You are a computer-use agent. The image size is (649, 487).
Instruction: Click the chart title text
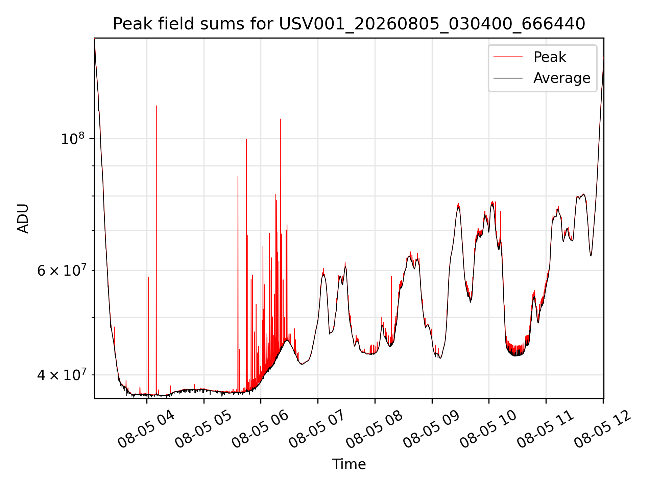pos(349,24)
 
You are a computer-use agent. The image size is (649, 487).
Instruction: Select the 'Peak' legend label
pos(550,57)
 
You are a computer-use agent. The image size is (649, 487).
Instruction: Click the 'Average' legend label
pos(562,78)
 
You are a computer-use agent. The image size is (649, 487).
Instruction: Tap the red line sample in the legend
pos(508,57)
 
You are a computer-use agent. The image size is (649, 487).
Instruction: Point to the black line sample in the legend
pos(508,78)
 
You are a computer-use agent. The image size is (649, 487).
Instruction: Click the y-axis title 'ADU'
pos(23,218)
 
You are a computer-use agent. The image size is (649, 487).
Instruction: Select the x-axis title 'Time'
pos(349,464)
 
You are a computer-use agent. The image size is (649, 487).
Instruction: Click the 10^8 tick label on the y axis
pos(72,139)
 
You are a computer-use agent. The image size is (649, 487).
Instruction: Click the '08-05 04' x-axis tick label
pos(146,430)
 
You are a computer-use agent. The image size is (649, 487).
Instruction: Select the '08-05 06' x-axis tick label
pos(260,430)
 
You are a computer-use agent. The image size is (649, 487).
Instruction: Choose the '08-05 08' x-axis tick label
pos(374,430)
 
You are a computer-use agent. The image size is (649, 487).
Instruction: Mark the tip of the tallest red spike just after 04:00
pos(156,106)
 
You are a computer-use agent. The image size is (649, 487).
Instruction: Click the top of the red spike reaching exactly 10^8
pos(246,139)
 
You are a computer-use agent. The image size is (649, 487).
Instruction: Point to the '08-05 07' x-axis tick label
pos(317,430)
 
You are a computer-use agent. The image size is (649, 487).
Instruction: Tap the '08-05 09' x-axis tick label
pos(431,430)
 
